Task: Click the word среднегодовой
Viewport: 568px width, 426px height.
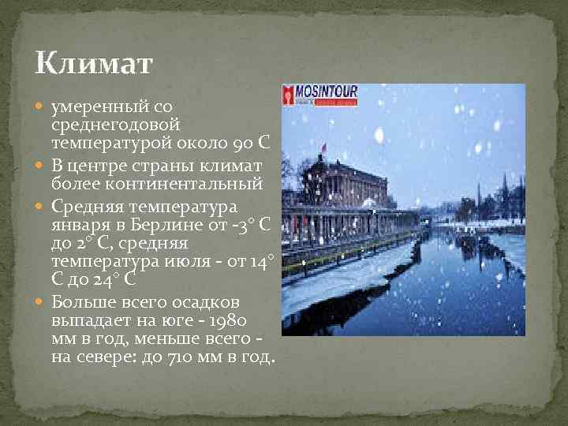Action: (116, 125)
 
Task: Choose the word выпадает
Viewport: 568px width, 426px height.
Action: (86, 321)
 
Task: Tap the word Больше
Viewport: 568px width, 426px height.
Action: (82, 301)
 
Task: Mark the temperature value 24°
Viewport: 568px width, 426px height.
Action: (121, 280)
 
